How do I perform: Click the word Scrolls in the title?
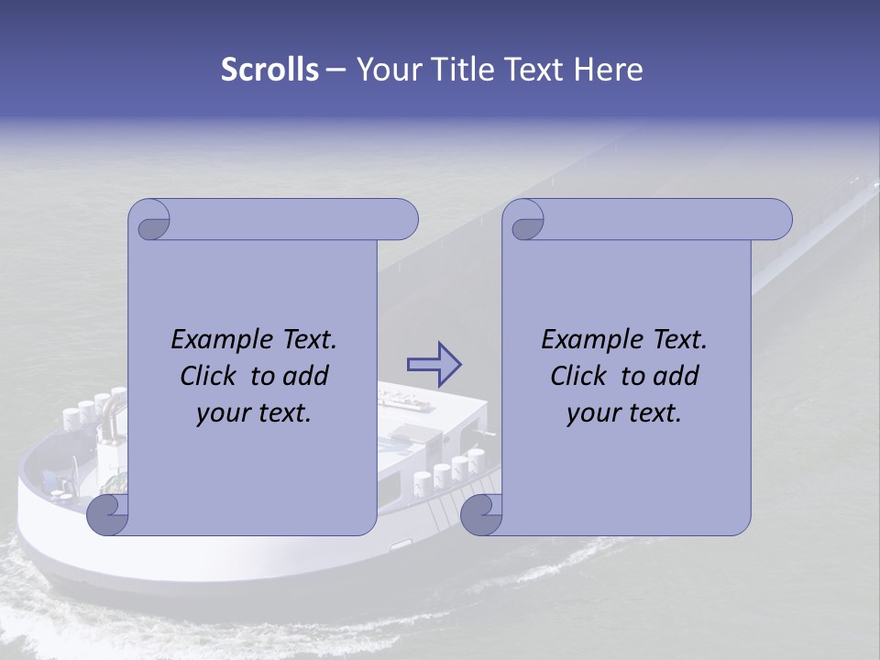[269, 70]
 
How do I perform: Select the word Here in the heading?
[609, 70]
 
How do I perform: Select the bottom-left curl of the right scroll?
[482, 514]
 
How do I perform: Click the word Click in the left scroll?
[207, 377]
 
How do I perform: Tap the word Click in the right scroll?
[577, 377]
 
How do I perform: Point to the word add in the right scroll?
[677, 377]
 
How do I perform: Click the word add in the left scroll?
[307, 377]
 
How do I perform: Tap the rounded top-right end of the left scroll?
[403, 220]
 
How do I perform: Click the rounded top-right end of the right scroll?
[777, 220]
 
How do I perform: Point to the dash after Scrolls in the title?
[335, 70]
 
